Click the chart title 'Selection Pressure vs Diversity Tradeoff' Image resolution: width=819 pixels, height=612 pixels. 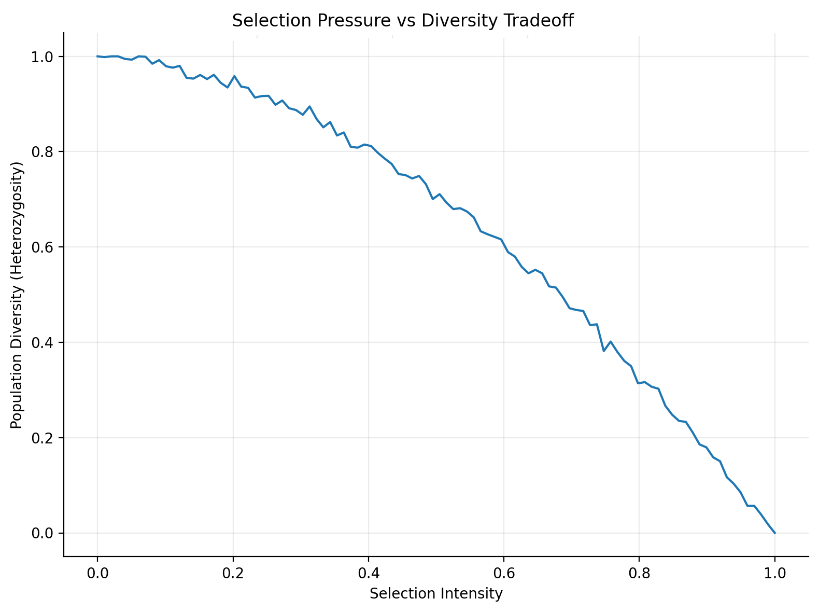pyautogui.click(x=403, y=21)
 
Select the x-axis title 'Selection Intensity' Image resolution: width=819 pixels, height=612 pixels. pyautogui.click(x=436, y=593)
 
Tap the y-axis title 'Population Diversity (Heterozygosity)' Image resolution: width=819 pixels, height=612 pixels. pyautogui.click(x=17, y=295)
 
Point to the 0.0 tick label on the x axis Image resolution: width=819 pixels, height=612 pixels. pyautogui.click(x=97, y=573)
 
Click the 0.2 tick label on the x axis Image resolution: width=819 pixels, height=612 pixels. pyautogui.click(x=233, y=573)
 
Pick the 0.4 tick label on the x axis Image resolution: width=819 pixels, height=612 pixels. pyautogui.click(x=369, y=573)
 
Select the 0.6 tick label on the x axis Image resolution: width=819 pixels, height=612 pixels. pyautogui.click(x=504, y=573)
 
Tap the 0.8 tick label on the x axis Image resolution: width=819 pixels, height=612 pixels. pyautogui.click(x=639, y=573)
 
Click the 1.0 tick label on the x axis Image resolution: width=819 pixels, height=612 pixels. pyautogui.click(x=775, y=573)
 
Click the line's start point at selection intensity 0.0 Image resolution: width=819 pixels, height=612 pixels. pyautogui.click(x=97, y=56)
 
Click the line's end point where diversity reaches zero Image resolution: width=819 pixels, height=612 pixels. pyautogui.click(x=775, y=533)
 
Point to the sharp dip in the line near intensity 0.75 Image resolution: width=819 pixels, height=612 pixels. pyautogui.click(x=603, y=351)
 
